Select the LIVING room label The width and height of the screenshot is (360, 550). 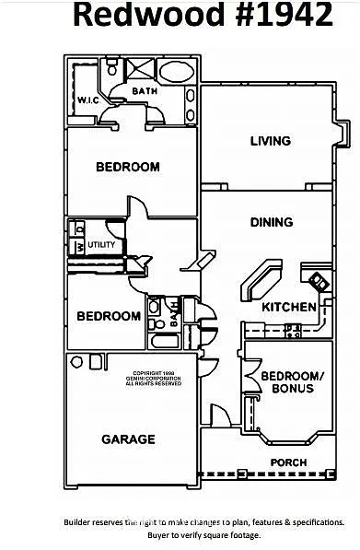point(271,141)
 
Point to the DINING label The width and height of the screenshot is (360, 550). point(272,222)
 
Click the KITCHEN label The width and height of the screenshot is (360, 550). point(289,307)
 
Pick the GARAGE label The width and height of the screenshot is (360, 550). point(128,439)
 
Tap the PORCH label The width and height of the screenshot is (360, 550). point(287,462)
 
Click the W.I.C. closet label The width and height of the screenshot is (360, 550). point(88,99)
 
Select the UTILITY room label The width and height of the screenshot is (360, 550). point(102,245)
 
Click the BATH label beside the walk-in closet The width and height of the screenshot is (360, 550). point(145,91)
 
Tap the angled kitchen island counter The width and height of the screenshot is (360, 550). point(262,279)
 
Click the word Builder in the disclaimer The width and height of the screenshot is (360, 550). point(79,521)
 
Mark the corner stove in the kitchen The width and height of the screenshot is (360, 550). point(319,281)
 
